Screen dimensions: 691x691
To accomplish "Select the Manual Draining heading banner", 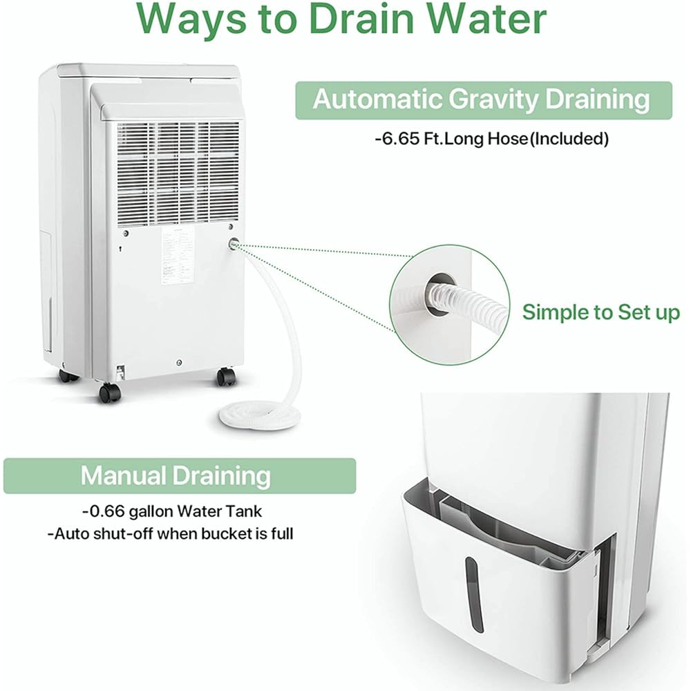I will [x=176, y=475].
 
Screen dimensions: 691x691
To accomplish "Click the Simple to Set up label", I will [x=600, y=312].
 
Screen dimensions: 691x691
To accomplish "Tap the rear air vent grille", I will [x=178, y=169].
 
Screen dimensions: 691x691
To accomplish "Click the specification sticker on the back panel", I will [x=178, y=263].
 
